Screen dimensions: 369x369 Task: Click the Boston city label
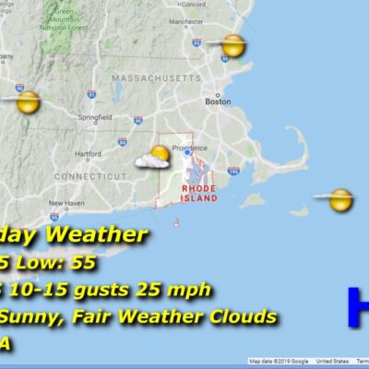[218, 102]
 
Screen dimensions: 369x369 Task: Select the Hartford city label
[89, 153]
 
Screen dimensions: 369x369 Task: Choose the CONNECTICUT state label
[89, 175]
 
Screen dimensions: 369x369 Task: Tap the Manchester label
[211, 20]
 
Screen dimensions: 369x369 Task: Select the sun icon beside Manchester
[233, 44]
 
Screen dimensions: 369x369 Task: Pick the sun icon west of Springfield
[28, 101]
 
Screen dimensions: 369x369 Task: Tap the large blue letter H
[359, 307]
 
